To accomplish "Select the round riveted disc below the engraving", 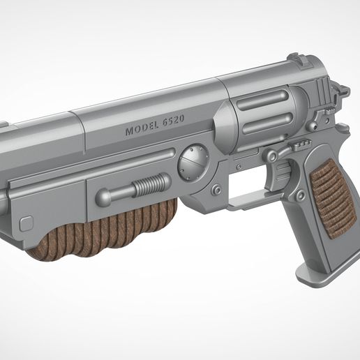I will click(193, 163).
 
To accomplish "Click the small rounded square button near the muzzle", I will click(27, 223).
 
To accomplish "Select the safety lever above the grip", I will click(297, 146).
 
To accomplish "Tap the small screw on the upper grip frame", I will click(343, 128).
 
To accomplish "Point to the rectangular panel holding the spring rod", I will click(129, 191).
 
